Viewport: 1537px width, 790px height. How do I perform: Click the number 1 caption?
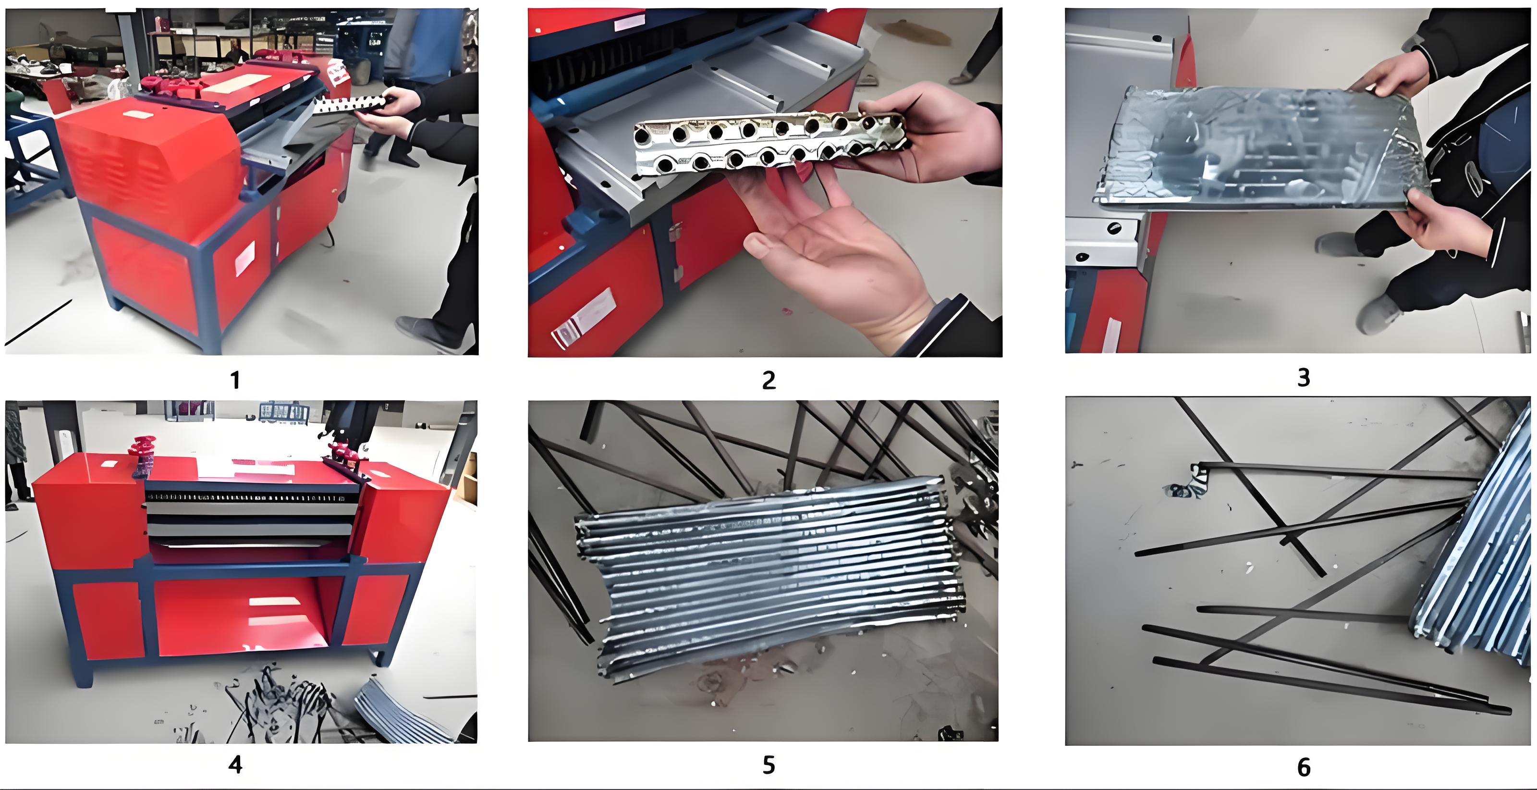click(235, 380)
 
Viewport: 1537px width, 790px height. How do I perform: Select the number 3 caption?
click(1304, 377)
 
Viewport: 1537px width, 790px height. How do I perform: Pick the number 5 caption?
click(768, 765)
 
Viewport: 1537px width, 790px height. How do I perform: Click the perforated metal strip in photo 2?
click(769, 143)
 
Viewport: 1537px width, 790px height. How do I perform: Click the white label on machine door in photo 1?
click(244, 259)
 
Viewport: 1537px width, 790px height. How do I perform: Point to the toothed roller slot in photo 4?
click(244, 497)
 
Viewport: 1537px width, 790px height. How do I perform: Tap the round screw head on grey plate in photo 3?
click(1114, 228)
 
